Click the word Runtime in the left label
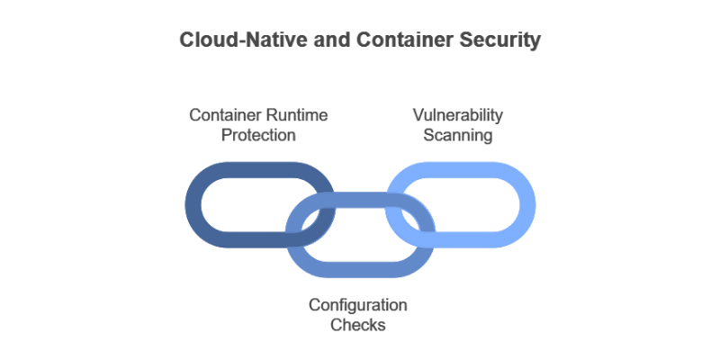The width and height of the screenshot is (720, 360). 296,115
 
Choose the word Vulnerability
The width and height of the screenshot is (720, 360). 457,115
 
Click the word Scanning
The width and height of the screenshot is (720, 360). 460,135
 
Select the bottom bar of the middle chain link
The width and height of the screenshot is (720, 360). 360,267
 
